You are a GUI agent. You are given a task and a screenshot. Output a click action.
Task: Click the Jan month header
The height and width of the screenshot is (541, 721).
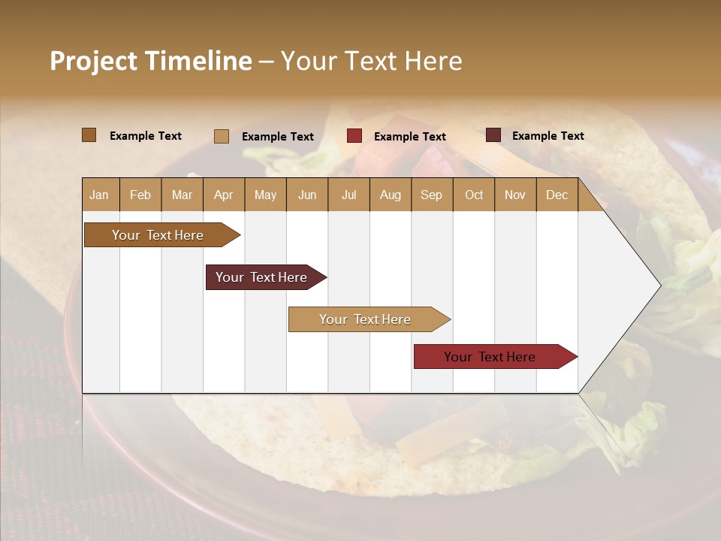click(x=100, y=195)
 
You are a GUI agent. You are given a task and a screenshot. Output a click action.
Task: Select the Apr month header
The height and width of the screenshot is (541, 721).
click(x=224, y=195)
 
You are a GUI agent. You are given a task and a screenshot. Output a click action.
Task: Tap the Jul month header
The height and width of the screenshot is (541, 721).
click(x=348, y=195)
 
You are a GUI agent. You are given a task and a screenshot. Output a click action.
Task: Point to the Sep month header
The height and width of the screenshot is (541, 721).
click(x=431, y=195)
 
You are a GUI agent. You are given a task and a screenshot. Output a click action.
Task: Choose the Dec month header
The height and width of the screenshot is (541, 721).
click(x=557, y=195)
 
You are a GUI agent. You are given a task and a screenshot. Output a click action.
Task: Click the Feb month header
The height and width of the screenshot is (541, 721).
click(x=140, y=195)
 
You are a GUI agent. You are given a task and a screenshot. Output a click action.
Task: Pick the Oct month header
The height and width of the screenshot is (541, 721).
click(x=474, y=195)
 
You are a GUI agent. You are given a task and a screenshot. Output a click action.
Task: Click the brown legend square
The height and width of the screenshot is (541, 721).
click(x=89, y=135)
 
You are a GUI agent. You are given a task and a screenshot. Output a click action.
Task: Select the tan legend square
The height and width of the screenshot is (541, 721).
click(x=222, y=136)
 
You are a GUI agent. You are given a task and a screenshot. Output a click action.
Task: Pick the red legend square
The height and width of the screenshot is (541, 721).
click(x=354, y=136)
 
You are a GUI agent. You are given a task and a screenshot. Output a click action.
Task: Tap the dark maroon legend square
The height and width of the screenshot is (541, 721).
click(x=493, y=135)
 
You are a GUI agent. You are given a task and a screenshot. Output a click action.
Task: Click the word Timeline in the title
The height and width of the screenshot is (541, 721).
click(x=198, y=61)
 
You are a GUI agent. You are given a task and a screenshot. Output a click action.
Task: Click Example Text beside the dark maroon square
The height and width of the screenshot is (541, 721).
click(x=548, y=136)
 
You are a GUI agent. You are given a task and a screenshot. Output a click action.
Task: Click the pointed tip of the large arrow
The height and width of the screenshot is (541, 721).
click(x=659, y=285)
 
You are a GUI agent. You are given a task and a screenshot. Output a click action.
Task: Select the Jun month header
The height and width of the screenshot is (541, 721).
click(x=307, y=195)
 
